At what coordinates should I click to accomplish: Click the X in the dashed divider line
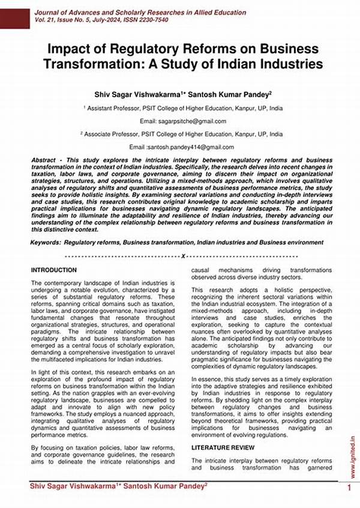[181, 256]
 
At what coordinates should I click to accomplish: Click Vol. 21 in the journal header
[44, 20]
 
